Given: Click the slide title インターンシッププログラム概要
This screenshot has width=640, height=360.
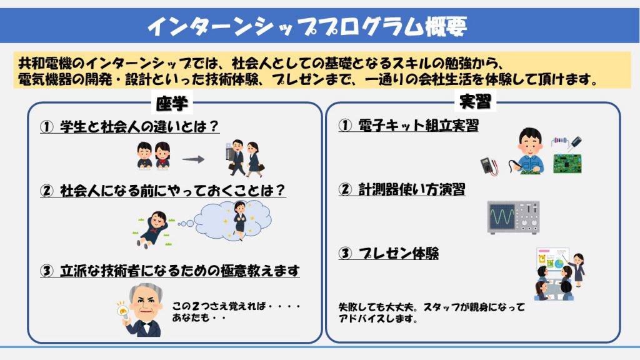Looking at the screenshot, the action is [307, 26].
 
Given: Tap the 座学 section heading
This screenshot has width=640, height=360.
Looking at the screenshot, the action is [172, 104].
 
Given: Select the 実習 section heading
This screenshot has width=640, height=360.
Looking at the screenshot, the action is [475, 101].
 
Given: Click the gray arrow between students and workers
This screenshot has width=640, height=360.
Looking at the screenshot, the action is [193, 159].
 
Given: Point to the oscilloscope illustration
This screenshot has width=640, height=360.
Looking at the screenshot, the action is [514, 217].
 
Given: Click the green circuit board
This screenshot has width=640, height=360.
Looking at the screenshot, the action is [567, 164].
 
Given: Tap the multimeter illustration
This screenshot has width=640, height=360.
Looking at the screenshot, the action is [488, 166].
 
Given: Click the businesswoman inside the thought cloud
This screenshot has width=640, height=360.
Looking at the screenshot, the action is [240, 221].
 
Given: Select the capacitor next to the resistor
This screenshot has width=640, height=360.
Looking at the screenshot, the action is [576, 144].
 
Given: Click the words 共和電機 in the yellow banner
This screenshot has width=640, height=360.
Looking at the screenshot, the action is [45, 64].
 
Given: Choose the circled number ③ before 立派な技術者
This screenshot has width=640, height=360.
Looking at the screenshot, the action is [46, 271].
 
